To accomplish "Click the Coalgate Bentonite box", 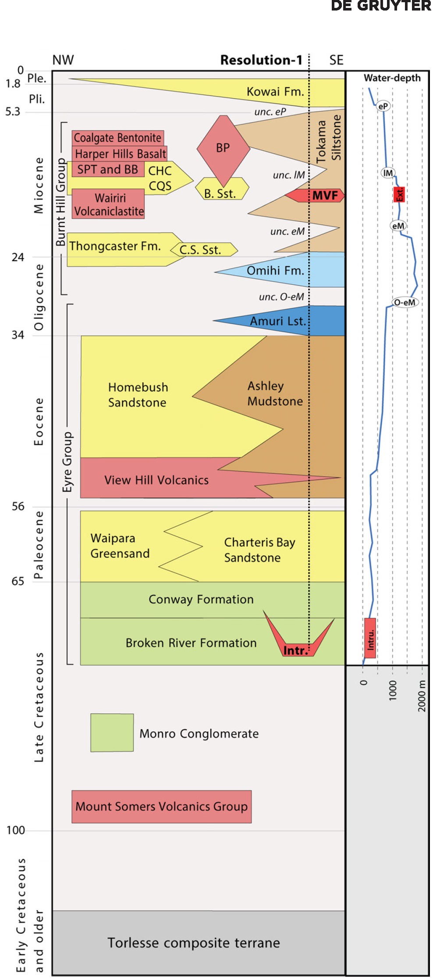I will (x=118, y=138).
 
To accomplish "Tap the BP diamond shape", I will (x=223, y=148).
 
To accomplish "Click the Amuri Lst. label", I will (x=277, y=321).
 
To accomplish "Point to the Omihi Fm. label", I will (x=275, y=270).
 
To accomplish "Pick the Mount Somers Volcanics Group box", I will (x=161, y=806).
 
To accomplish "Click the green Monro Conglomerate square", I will (x=112, y=733).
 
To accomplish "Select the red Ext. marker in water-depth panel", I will (x=399, y=194).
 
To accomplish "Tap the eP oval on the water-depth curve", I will (x=383, y=106).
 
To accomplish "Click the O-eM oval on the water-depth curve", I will (x=404, y=302).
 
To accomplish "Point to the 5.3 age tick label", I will (x=13, y=112).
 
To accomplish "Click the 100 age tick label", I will (x=15, y=830).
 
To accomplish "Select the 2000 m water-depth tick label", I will (x=422, y=696).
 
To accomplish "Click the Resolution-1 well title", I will (x=261, y=60).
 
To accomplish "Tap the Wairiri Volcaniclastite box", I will (x=109, y=204).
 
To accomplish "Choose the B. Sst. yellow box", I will (x=221, y=189).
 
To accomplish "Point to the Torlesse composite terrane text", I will (x=193, y=942).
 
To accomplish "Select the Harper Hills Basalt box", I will (x=120, y=154).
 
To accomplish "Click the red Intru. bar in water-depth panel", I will (x=370, y=638).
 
